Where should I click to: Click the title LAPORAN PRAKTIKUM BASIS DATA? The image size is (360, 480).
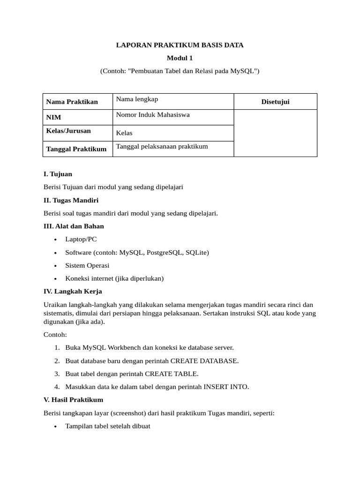tap(180, 45)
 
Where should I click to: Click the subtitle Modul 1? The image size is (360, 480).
tap(180, 58)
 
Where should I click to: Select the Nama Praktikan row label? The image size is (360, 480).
tap(72, 102)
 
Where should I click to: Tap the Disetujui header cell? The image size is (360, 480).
tap(275, 102)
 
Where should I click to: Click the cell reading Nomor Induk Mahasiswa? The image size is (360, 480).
tap(153, 115)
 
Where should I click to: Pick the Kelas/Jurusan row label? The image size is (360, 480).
tap(68, 131)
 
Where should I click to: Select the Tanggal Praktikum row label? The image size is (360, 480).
tap(76, 149)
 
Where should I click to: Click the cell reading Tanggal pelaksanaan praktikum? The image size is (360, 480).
tap(162, 147)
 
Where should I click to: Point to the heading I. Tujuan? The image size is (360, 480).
tap(58, 174)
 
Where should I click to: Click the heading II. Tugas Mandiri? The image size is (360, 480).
tap(71, 200)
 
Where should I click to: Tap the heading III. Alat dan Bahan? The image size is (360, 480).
tap(74, 226)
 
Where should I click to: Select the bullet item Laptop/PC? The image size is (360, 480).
tap(81, 239)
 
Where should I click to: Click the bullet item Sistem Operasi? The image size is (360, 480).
tap(87, 265)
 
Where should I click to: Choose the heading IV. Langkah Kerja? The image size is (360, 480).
tap(73, 291)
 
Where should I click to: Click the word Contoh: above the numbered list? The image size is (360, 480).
tap(55, 335)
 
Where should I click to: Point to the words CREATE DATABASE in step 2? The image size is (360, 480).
tap(204, 361)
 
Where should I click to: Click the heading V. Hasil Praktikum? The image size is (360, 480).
tap(73, 400)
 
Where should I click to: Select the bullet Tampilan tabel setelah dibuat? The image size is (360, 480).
tap(108, 426)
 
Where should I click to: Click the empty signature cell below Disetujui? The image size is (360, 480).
tap(275, 133)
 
